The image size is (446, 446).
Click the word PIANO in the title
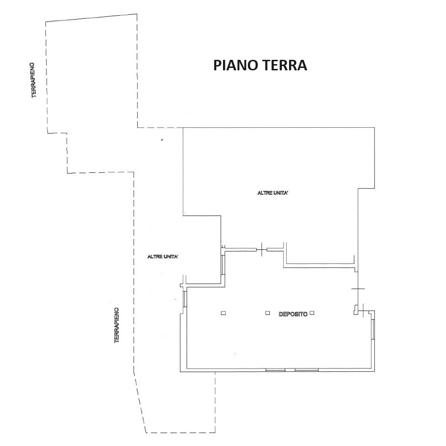[235, 65]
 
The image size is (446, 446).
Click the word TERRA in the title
[284, 65]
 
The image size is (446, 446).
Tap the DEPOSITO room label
[293, 314]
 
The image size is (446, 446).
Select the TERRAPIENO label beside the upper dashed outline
[34, 80]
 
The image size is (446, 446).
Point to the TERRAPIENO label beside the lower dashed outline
[117, 325]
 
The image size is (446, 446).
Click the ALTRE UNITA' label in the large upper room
[273, 193]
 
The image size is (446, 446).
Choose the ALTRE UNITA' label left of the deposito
[163, 257]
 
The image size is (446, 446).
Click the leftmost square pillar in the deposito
[223, 313]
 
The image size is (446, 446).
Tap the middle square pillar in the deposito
[268, 313]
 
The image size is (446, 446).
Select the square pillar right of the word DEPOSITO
[312, 313]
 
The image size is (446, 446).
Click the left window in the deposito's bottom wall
[275, 370]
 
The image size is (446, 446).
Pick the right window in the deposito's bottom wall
[307, 370]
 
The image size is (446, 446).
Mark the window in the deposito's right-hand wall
[373, 329]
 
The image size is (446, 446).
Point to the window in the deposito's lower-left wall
[185, 299]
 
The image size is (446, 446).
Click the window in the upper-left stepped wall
[223, 265]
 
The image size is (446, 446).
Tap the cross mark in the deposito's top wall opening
[262, 250]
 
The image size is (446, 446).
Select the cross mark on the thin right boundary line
[358, 289]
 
